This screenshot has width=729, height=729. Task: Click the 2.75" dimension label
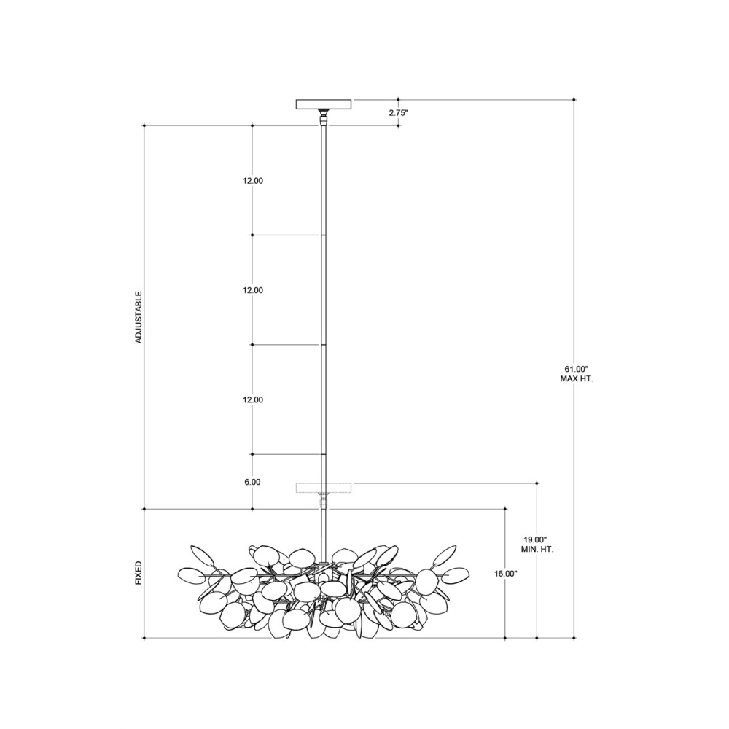point(399,112)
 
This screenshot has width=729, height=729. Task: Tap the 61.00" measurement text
point(576,370)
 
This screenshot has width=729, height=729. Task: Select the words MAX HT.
point(576,379)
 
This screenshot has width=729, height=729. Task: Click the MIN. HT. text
point(537,550)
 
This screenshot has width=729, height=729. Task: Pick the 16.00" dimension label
point(506,574)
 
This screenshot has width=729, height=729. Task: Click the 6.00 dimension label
point(252,482)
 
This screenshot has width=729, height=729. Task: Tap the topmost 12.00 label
point(252,181)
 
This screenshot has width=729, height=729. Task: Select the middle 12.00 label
point(252,290)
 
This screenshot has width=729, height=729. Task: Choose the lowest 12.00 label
point(252,399)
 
